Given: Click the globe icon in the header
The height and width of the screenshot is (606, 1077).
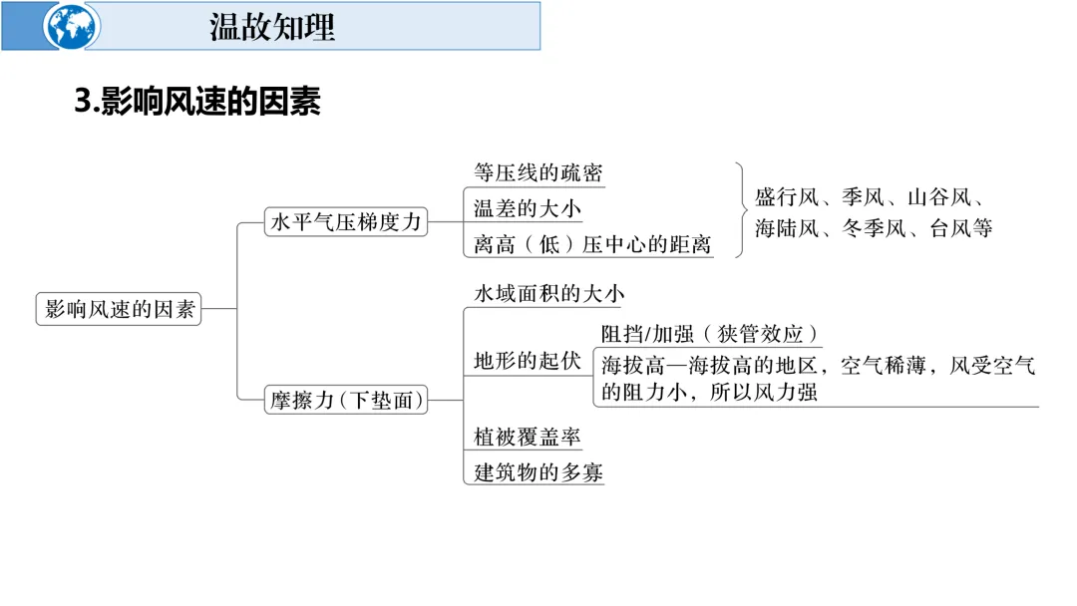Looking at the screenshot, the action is (72, 26).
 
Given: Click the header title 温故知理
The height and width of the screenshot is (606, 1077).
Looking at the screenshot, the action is (272, 26).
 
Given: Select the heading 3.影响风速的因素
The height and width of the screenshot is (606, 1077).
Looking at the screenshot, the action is (197, 102).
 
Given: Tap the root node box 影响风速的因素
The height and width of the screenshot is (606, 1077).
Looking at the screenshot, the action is (118, 309).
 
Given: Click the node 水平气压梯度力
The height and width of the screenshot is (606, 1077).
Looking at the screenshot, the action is (346, 222).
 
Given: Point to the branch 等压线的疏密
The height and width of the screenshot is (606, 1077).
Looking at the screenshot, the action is (538, 172).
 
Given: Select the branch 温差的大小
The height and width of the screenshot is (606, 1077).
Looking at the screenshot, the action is (527, 208).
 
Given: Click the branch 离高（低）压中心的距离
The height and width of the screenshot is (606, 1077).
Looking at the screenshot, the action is (592, 244).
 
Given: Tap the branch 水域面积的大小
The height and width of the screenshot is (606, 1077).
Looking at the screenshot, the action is (548, 294).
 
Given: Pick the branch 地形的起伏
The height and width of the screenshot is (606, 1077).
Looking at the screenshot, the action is (527, 361).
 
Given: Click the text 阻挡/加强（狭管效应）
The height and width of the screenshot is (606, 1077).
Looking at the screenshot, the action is (710, 334).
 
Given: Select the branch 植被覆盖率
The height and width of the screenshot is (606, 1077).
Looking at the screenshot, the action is (527, 437).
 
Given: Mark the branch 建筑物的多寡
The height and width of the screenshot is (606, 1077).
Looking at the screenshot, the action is (538, 472).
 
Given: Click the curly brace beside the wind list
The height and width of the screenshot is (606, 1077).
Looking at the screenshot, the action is (741, 209).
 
